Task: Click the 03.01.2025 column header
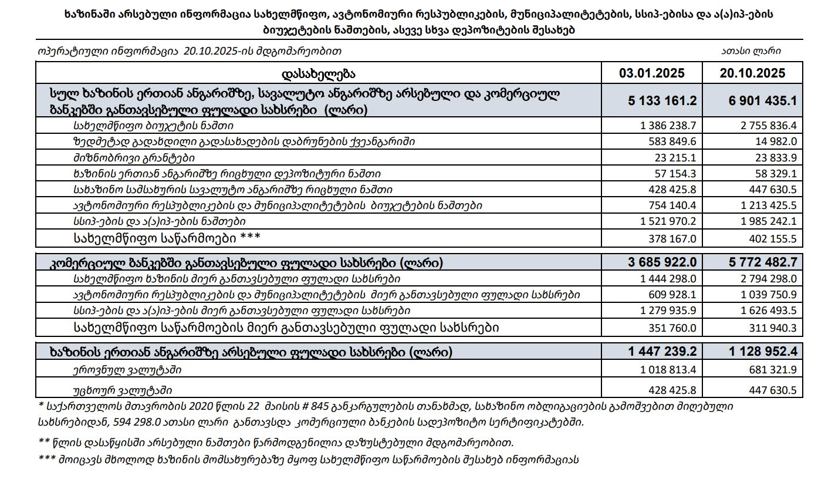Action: point(652,73)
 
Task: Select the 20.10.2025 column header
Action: point(752,73)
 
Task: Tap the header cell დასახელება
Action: point(319,73)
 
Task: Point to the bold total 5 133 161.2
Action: point(662,100)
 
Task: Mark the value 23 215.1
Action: point(672,158)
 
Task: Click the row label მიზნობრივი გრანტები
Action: point(134,158)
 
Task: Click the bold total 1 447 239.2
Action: point(662,352)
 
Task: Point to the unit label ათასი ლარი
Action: point(751,51)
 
